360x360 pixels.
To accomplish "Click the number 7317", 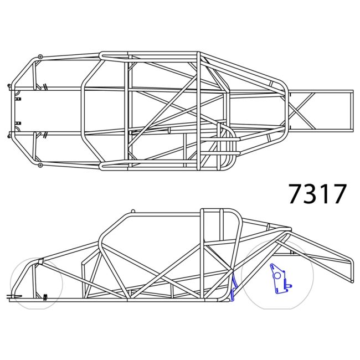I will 317,193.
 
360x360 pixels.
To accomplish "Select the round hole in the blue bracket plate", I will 277,274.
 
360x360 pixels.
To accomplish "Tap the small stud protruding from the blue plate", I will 291,286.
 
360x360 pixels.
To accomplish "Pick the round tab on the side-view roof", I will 132,211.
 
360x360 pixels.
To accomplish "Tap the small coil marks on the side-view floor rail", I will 45,296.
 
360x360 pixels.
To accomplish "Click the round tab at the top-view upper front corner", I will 40,56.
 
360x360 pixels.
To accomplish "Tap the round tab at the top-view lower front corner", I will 40,165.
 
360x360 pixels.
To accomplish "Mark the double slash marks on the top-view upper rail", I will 43,86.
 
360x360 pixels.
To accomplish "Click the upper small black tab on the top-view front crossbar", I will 18,99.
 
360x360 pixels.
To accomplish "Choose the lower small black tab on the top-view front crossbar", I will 18,122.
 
